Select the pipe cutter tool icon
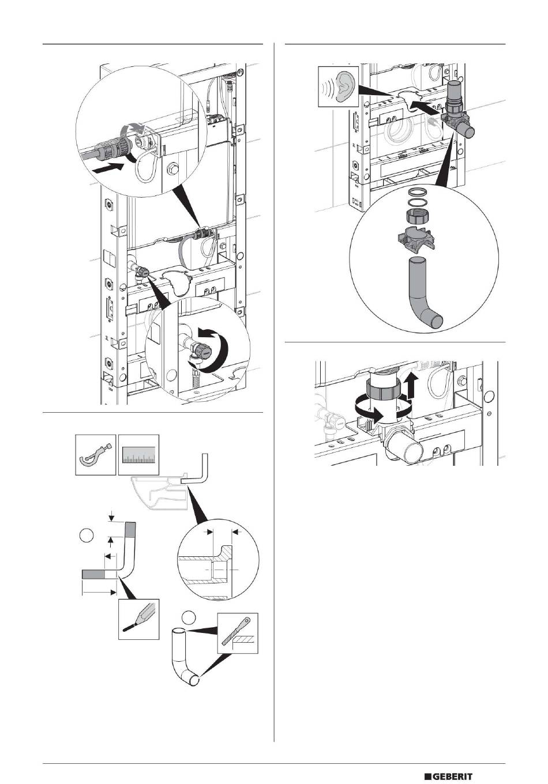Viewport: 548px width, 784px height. pyautogui.click(x=96, y=455)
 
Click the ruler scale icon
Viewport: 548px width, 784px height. pyautogui.click(x=138, y=455)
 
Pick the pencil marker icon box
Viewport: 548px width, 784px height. pyautogui.click(x=138, y=619)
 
